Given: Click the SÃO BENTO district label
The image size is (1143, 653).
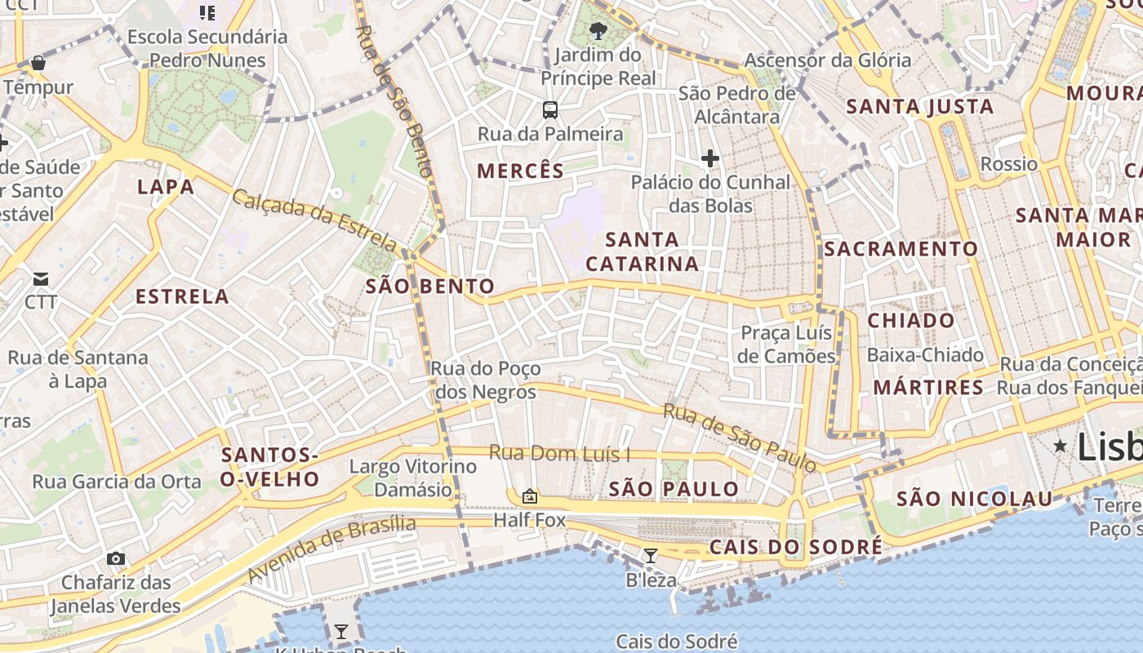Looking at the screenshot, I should tap(429, 287).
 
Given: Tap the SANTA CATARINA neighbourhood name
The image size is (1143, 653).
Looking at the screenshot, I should tap(643, 251).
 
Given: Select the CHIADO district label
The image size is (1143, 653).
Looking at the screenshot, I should tap(910, 320).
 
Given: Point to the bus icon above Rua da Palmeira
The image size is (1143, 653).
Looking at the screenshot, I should tap(550, 109).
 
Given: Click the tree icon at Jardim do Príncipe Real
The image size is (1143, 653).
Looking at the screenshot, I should tap(598, 31).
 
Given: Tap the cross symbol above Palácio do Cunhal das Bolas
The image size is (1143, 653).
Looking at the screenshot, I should tap(709, 158).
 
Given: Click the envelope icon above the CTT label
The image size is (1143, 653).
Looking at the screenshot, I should tap(40, 279).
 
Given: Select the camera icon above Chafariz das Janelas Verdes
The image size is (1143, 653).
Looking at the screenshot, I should tap(116, 559).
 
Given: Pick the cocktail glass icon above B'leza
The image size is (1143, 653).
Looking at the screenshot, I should tap(651, 557).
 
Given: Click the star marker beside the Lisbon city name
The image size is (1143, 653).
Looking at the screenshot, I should tap(1060, 446).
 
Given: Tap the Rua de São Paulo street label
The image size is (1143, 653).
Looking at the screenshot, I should tap(740, 438).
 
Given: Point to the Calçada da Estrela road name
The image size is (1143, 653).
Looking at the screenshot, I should tap(314, 220).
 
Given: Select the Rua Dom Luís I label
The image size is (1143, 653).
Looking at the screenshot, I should tap(559, 453).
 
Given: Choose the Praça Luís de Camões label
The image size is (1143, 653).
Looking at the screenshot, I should tap(786, 344).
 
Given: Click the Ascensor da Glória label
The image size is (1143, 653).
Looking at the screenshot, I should tap(828, 60).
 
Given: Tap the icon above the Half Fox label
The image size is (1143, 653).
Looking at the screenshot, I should tap(529, 496).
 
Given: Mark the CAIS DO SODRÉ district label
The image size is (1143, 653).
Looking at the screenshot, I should tap(795, 547).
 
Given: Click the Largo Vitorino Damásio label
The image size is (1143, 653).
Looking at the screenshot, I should tap(412, 478).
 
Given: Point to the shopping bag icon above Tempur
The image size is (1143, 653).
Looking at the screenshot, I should tap(38, 63).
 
